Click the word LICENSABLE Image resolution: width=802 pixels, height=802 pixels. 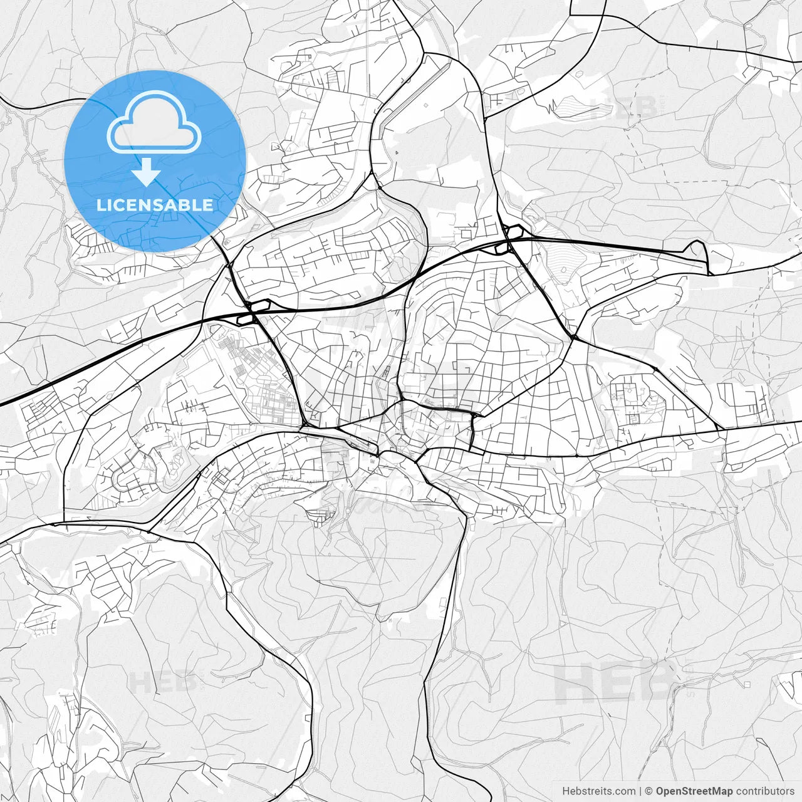coord(155,205)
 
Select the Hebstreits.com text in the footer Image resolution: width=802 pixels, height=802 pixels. coord(598,791)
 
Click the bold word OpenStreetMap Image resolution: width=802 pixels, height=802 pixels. coord(694,791)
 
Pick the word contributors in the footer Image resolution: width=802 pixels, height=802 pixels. coord(765,791)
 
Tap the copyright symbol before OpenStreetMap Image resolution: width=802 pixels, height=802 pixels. coord(649,791)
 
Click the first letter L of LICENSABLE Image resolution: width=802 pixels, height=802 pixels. coord(101,205)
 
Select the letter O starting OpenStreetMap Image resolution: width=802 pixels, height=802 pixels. coord(660,791)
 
